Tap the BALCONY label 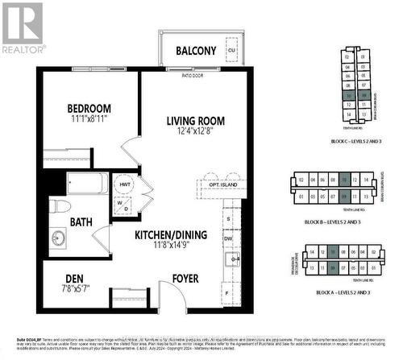point(197,51)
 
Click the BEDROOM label point(89,108)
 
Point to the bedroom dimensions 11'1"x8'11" point(89,119)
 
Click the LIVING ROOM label point(195,121)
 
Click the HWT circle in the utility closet point(124,184)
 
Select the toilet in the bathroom point(60,208)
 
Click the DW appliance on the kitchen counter point(230,238)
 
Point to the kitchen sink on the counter point(231,259)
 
